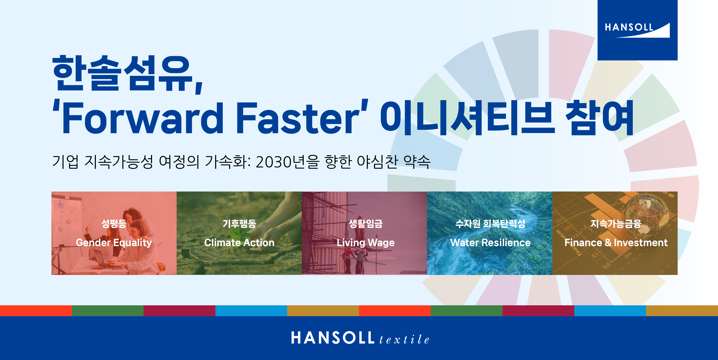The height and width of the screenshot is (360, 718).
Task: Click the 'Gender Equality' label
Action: pyautogui.click(x=114, y=243)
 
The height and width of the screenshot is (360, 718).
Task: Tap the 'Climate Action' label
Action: pyautogui.click(x=239, y=243)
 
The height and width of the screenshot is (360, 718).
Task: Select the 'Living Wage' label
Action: pyautogui.click(x=366, y=243)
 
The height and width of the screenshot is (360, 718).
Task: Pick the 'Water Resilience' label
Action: pyautogui.click(x=491, y=243)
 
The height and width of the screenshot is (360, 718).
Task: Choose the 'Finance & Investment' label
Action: pyautogui.click(x=616, y=243)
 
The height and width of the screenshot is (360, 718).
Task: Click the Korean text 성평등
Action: pyautogui.click(x=114, y=223)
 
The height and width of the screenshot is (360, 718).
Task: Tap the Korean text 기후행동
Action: pyautogui.click(x=239, y=223)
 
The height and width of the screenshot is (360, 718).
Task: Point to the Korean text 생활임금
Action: pyautogui.click(x=366, y=223)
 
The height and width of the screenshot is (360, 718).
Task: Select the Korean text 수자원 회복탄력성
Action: pyautogui.click(x=491, y=223)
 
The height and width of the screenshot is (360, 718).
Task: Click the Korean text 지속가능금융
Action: pyautogui.click(x=616, y=223)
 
